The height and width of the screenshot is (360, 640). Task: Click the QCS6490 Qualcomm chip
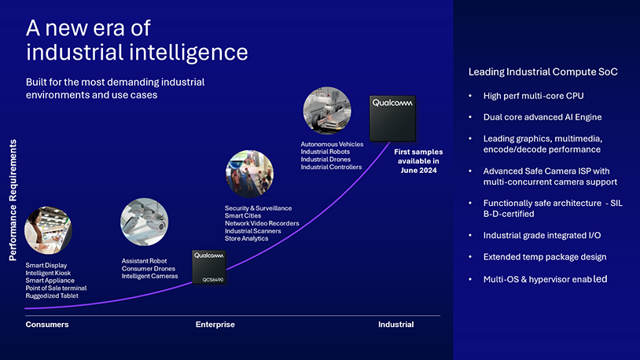[208, 267]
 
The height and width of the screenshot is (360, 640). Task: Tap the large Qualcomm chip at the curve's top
[393, 117]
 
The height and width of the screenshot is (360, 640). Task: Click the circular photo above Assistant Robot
[144, 222]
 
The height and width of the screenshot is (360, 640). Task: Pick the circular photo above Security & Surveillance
[249, 174]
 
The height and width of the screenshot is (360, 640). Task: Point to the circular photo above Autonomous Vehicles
[327, 111]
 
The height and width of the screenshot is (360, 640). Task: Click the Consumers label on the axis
[47, 325]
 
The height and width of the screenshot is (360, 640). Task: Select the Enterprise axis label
[215, 325]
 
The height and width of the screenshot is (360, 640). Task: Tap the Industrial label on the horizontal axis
[395, 325]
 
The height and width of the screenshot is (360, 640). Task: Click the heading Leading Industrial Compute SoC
[543, 72]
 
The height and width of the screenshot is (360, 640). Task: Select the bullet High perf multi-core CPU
[533, 96]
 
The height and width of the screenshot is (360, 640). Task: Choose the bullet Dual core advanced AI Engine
[542, 117]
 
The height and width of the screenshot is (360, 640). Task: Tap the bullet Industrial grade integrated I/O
[543, 235]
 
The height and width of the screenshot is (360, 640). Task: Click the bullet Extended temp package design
[545, 257]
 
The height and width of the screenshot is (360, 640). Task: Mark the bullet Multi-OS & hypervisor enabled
[545, 279]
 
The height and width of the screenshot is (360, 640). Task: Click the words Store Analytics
[246, 239]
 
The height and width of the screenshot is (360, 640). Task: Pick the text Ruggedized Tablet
[52, 296]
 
